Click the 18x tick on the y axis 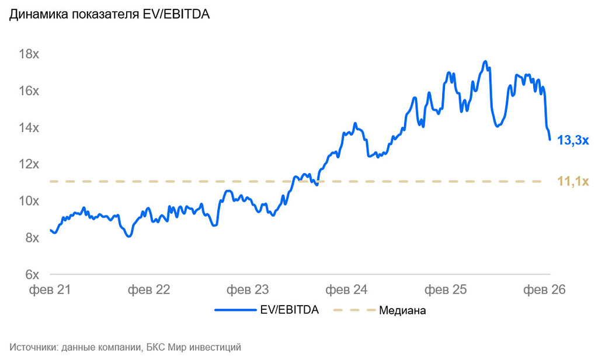pyautogui.click(x=29, y=54)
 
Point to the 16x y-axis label pyautogui.click(x=29, y=91)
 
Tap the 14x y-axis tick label pyautogui.click(x=29, y=128)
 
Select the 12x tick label pyautogui.click(x=29, y=164)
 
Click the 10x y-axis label pyautogui.click(x=29, y=201)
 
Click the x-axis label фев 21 pyautogui.click(x=50, y=289)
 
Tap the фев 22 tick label pyautogui.click(x=149, y=289)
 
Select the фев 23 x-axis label pyautogui.click(x=247, y=289)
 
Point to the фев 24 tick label pyautogui.click(x=346, y=289)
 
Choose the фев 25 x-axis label pyautogui.click(x=445, y=289)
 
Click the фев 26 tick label pyautogui.click(x=544, y=289)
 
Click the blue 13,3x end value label pyautogui.click(x=573, y=141)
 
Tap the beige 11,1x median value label pyautogui.click(x=573, y=182)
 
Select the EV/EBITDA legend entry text pyautogui.click(x=289, y=310)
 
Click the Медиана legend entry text pyautogui.click(x=402, y=310)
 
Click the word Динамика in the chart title pyautogui.click(x=34, y=16)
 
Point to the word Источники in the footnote pyautogui.click(x=32, y=347)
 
